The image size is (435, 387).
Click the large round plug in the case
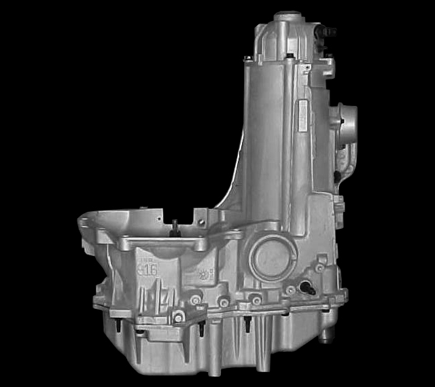click(x=272, y=257)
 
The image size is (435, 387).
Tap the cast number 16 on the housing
click(x=148, y=269)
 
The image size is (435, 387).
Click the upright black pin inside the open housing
click(x=175, y=226)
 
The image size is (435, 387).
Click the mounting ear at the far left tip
click(x=83, y=220)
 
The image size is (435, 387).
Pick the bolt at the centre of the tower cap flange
click(x=291, y=56)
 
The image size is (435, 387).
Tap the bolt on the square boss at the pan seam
click(x=178, y=317)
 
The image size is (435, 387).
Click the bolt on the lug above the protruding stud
click(x=319, y=268)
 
